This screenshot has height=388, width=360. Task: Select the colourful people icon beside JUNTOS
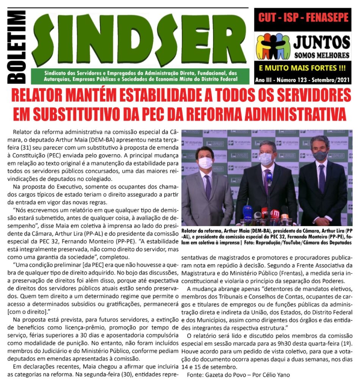[273, 46]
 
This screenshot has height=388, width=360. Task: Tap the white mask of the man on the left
[205, 163]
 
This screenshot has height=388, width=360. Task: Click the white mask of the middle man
[266, 159]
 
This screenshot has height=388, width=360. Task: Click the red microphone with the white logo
[275, 214]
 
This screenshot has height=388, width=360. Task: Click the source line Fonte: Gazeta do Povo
[238, 375]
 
